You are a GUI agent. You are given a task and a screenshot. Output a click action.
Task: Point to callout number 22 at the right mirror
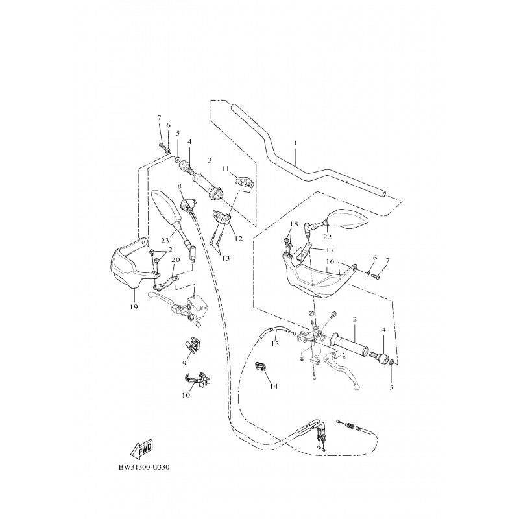pyautogui.click(x=327, y=237)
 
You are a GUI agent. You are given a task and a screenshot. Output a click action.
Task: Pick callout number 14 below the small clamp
pyautogui.click(x=273, y=386)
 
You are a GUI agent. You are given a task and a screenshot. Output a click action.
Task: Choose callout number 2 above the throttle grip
pyautogui.click(x=355, y=319)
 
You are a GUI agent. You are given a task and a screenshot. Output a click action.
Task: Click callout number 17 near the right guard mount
pyautogui.click(x=330, y=249)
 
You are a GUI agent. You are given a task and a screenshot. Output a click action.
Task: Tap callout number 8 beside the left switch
pyautogui.click(x=179, y=186)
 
